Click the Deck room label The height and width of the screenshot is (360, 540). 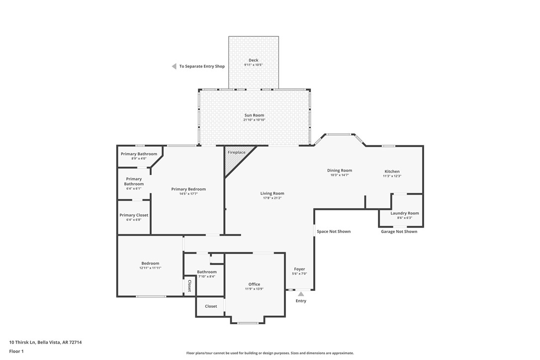pos(254,60)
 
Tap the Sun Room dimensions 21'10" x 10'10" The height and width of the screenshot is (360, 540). pos(254,120)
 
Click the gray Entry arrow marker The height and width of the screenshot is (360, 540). pos(301,294)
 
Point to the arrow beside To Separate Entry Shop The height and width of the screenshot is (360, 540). pos(174,66)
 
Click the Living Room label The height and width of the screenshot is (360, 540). pos(272,193)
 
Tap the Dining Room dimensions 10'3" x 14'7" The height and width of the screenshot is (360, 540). pos(340,175)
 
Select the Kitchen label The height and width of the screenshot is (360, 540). pos(392,172)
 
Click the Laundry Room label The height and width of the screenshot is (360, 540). pos(404,213)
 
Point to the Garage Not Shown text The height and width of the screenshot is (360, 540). pos(399,231)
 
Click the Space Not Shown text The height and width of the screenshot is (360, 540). pos(334,231)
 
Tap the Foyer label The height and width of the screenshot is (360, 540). pos(299,269)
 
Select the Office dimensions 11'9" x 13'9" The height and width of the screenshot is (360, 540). pos(254,289)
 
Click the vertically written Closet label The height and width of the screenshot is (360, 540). pos(189,286)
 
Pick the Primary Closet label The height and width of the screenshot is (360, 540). pos(134,215)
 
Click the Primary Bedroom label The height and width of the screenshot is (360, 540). pos(188,189)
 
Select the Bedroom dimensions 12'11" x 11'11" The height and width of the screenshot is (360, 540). pos(150,268)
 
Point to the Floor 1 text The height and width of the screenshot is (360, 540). pos(16,351)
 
